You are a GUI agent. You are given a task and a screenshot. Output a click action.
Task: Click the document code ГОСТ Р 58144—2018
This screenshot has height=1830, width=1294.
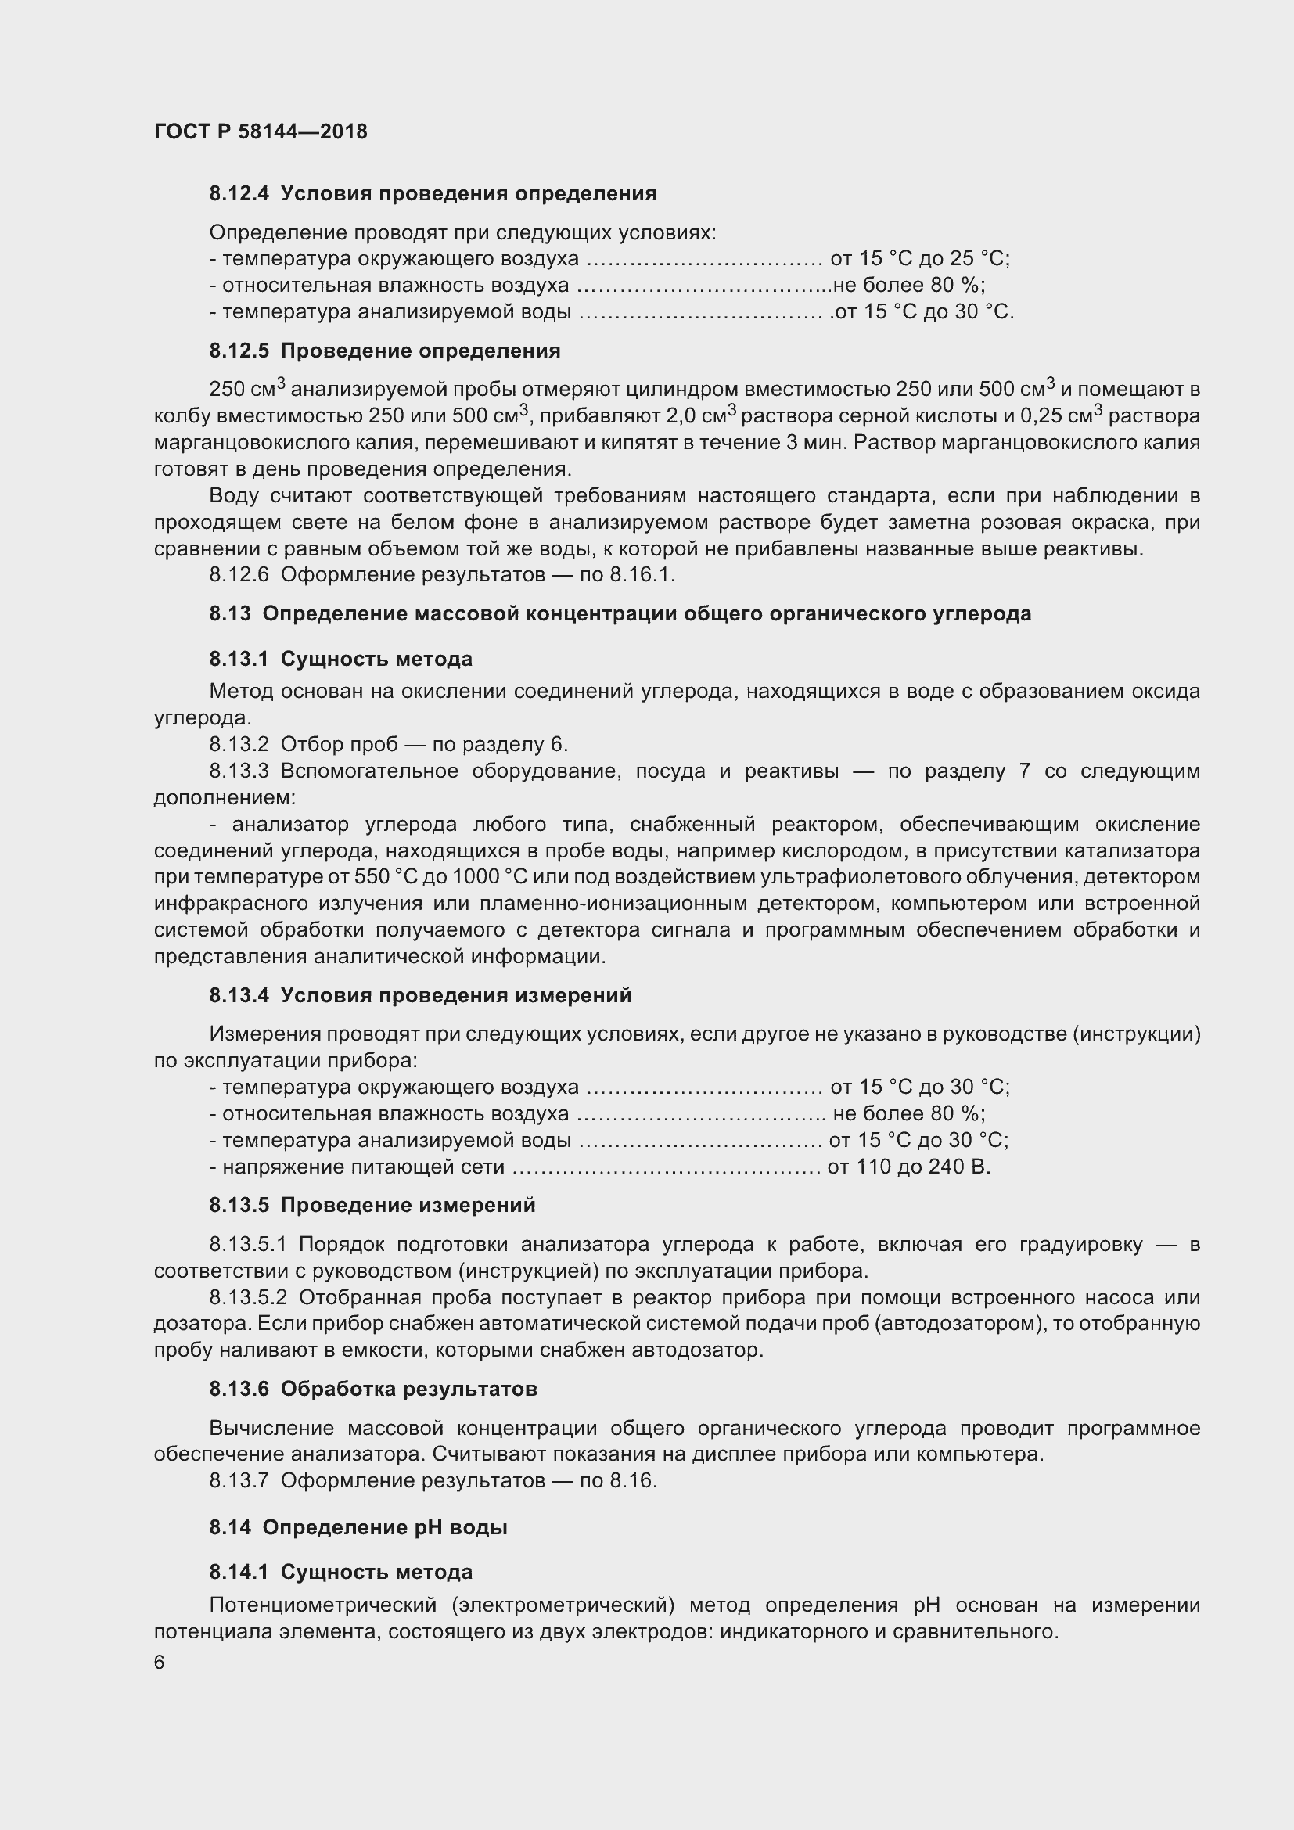261,131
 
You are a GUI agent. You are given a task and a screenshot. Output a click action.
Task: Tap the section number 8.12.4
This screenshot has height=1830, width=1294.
239,194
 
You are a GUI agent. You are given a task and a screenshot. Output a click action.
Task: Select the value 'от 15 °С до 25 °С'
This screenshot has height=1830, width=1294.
919,259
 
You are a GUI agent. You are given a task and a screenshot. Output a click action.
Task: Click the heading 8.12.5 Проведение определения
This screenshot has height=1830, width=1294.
385,351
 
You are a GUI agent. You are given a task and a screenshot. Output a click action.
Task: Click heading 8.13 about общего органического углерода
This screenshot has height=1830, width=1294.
620,613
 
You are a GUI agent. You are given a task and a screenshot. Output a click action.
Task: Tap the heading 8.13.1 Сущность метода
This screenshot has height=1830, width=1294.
341,659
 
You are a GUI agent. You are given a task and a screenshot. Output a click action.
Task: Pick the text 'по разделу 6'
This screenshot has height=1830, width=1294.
500,744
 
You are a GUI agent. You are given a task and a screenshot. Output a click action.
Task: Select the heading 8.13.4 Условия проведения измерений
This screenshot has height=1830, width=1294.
421,995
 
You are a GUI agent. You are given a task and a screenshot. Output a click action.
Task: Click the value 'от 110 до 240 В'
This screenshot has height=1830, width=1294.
908,1167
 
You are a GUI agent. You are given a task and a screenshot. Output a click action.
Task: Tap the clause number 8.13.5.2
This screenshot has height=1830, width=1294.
248,1297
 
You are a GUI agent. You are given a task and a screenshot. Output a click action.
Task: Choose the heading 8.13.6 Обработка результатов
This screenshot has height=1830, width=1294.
373,1390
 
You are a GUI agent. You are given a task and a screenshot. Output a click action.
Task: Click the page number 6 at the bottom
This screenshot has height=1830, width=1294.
160,1663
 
